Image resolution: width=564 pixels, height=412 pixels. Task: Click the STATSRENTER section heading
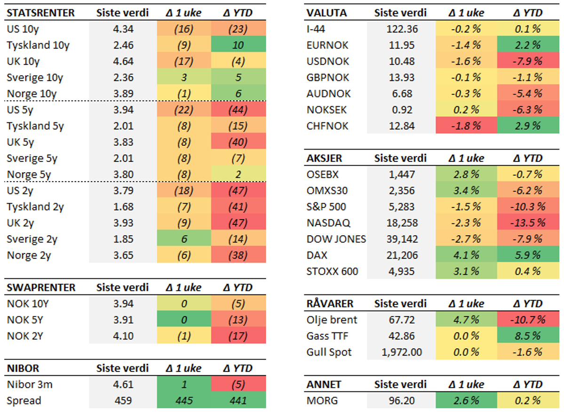tap(40, 13)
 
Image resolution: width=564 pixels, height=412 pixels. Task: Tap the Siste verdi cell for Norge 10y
tap(123, 94)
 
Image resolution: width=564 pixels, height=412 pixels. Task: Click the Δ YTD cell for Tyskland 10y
tap(238, 45)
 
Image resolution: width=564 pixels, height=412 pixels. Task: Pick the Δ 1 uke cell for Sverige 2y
tap(184, 239)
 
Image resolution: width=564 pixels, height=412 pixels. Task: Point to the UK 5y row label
tap(20, 142)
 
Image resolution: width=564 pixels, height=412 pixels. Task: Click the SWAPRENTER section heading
tap(41, 287)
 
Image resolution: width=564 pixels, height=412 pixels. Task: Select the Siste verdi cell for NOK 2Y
tap(123, 336)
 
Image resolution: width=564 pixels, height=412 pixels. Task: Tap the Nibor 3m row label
tap(30, 385)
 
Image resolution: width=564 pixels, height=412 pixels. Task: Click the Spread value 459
tap(123, 401)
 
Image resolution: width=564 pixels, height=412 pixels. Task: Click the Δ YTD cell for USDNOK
tap(527, 61)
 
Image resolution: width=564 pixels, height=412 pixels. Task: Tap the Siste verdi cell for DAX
tap(402, 255)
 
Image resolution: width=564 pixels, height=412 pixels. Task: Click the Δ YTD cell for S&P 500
tap(527, 207)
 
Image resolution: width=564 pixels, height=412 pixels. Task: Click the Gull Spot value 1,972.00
tap(402, 352)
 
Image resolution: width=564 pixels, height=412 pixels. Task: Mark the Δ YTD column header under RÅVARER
tap(527, 304)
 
